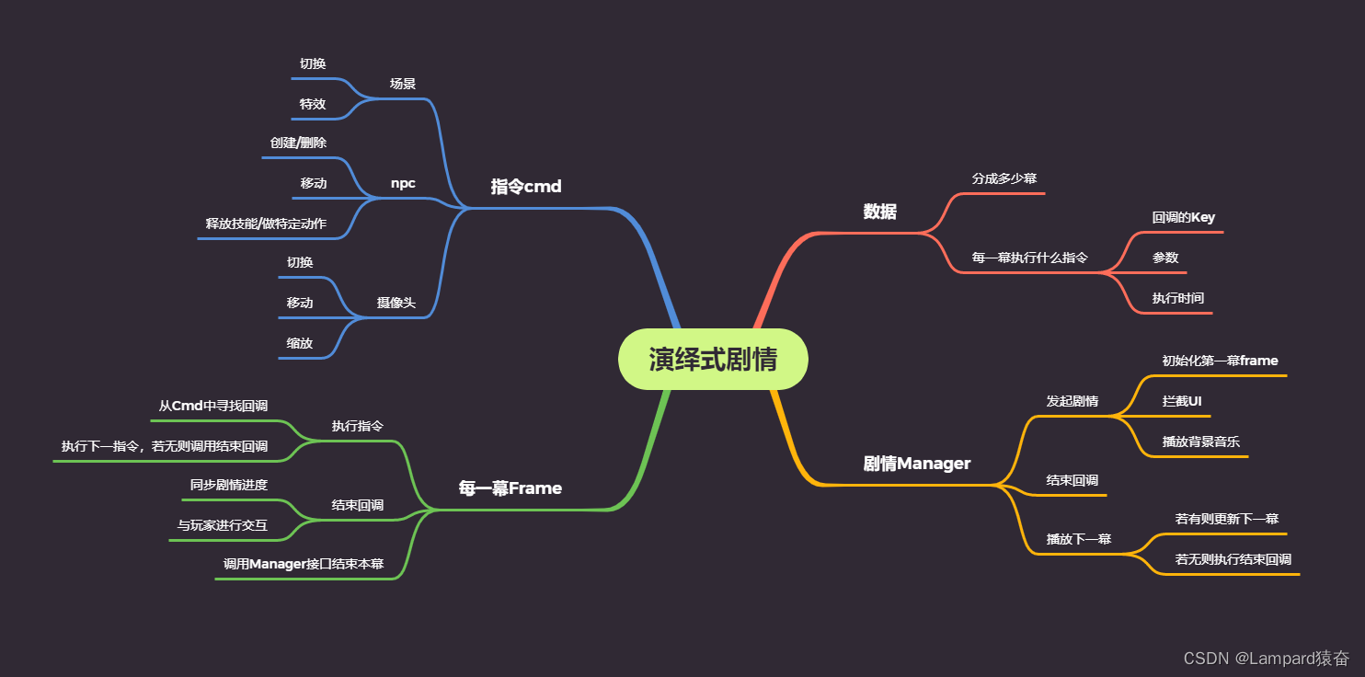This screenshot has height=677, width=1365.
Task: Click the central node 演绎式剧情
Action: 713,359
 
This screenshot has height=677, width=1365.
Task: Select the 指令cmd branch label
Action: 526,187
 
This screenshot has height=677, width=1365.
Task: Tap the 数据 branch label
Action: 879,212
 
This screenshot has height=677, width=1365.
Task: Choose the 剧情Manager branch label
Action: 916,464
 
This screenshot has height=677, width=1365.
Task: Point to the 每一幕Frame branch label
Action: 510,488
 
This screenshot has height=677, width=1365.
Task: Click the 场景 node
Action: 403,84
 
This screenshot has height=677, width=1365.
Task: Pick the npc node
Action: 403,183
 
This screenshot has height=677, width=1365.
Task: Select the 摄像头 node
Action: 396,303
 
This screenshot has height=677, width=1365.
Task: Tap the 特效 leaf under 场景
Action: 313,104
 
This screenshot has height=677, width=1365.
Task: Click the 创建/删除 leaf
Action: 298,143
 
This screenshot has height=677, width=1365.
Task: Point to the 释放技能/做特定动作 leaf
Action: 266,224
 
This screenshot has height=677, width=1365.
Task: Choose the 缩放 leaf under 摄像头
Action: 300,343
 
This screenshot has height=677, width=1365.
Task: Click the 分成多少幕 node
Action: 1004,178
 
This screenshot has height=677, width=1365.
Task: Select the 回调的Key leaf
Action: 1184,218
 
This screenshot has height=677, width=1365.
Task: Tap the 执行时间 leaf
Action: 1178,297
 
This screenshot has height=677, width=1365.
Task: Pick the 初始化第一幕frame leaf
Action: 1220,361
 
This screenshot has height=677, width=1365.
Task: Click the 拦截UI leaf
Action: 1182,401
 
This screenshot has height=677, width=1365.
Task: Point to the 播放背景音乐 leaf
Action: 1200,442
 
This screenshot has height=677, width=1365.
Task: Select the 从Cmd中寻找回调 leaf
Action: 213,406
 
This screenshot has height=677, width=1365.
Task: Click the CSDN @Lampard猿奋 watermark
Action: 1266,658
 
